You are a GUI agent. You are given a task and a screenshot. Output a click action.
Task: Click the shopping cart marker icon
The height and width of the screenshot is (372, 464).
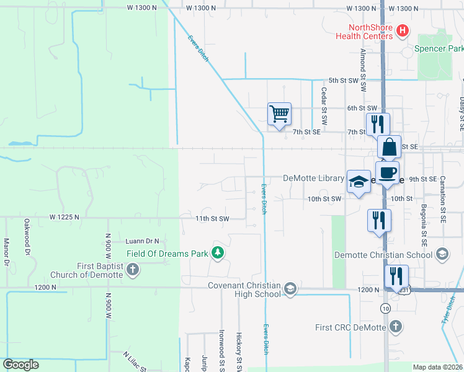pyautogui.click(x=279, y=113)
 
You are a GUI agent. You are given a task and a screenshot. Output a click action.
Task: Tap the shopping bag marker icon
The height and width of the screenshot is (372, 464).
pyautogui.click(x=389, y=148)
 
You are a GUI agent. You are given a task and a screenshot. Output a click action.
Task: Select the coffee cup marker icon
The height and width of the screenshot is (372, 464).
pyautogui.click(x=387, y=173)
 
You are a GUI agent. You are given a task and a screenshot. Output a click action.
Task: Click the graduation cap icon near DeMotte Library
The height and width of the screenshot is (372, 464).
pyautogui.click(x=359, y=181)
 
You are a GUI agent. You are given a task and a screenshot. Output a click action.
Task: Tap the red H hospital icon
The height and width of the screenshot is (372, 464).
pyautogui.click(x=402, y=30)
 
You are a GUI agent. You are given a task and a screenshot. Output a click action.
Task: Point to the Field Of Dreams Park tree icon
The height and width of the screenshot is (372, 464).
pyautogui.click(x=217, y=252)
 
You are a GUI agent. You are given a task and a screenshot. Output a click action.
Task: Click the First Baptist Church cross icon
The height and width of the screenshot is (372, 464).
pyautogui.click(x=132, y=270)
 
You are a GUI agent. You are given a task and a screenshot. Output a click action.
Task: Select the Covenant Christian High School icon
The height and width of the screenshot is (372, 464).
pyautogui.click(x=289, y=289)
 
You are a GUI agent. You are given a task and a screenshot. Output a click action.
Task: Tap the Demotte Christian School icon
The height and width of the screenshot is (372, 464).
pyautogui.click(x=442, y=254)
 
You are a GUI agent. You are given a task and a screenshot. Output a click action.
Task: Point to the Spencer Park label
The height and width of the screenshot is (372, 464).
pyautogui.click(x=439, y=48)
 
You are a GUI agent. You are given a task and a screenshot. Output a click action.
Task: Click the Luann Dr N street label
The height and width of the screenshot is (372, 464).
pyautogui.click(x=142, y=241)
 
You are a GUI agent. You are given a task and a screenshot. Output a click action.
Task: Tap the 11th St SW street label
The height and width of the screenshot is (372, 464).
pyautogui.click(x=212, y=218)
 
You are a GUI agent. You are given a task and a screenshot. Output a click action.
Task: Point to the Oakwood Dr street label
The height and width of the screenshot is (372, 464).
pyautogui.click(x=27, y=236)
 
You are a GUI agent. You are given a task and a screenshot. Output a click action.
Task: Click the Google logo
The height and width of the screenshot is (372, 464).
pyautogui.click(x=20, y=365)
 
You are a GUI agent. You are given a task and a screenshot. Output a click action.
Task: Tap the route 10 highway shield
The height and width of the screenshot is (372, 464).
pyautogui.click(x=386, y=308)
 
